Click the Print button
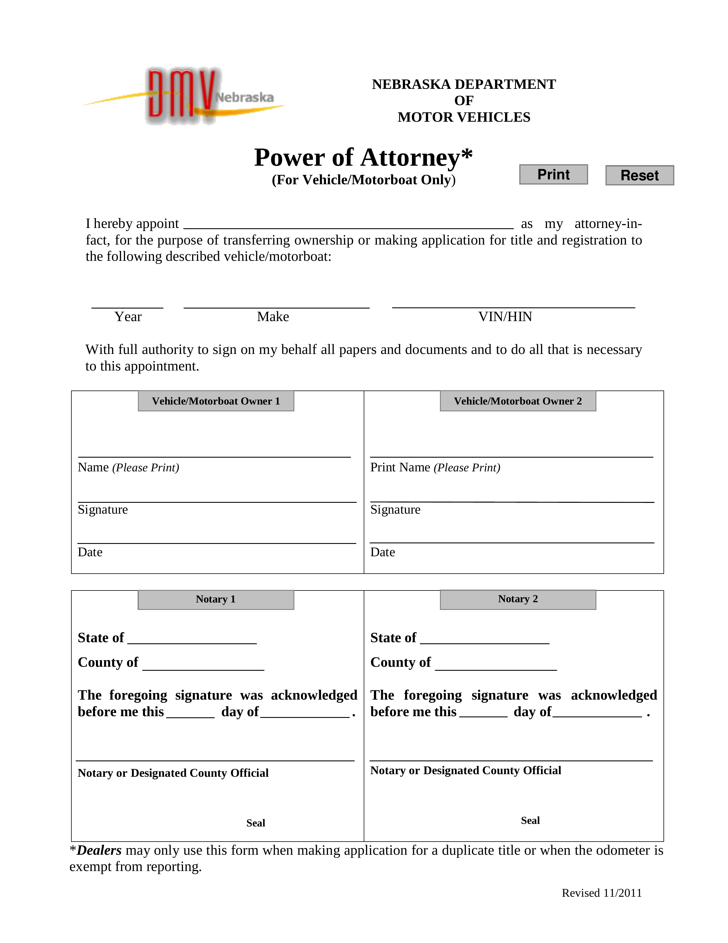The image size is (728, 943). coord(553,175)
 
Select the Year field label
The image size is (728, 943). coord(128,317)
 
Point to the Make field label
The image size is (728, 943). coord(273,317)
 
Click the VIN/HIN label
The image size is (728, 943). coord(505,317)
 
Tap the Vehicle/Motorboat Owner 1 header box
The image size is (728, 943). coord(216,401)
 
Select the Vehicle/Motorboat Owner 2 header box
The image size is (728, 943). coord(518,401)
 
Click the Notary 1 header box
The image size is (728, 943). coord(216,599)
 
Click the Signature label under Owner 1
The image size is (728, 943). coord(103,510)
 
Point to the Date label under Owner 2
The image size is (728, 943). coord(382,552)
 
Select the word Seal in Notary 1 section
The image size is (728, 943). coord(256,823)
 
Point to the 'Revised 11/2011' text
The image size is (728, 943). coord(602,893)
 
